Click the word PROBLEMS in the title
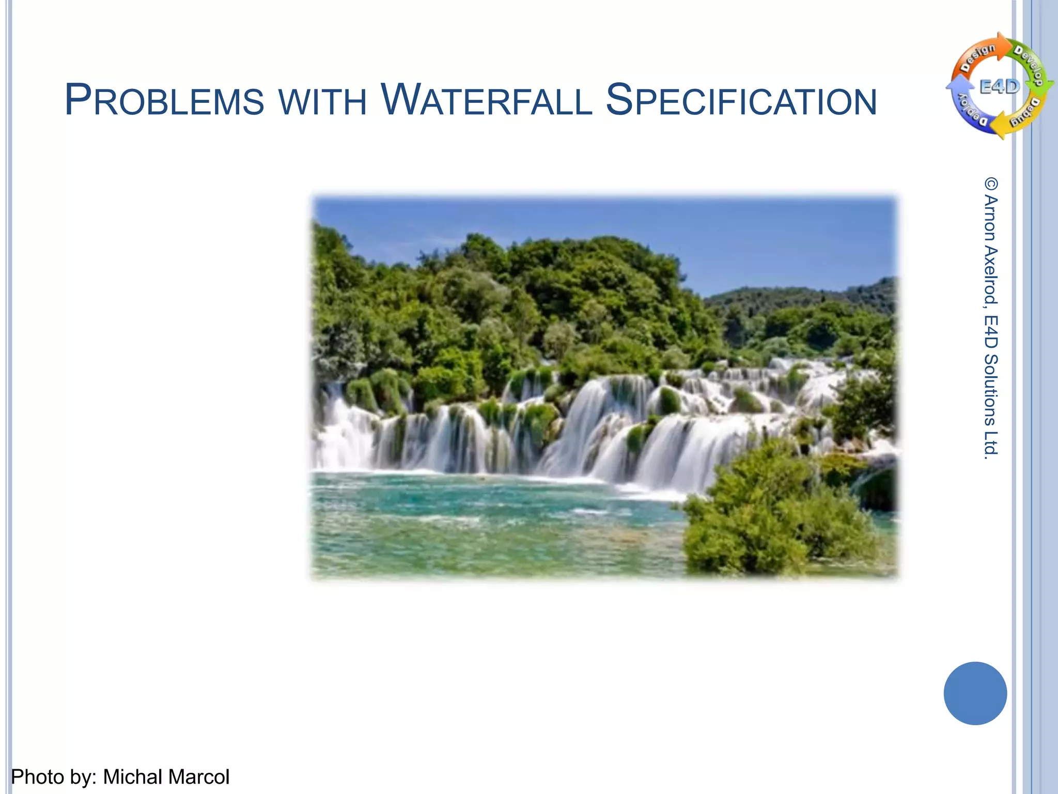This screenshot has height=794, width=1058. pos(164,100)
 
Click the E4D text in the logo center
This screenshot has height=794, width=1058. pos(1000,87)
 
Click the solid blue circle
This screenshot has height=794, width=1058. pos(975,693)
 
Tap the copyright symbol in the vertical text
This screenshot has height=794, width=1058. pos(991,184)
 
